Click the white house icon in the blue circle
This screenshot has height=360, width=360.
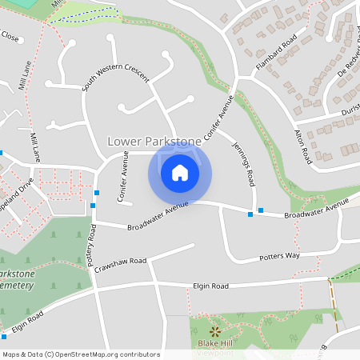point(180,173)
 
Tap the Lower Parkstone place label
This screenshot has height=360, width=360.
point(154,142)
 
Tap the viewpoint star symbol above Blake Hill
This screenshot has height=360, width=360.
point(214,330)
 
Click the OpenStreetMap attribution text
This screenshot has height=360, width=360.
point(81,354)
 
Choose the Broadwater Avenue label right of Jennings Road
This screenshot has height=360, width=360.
point(318,210)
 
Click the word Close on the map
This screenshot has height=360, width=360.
point(10,37)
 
